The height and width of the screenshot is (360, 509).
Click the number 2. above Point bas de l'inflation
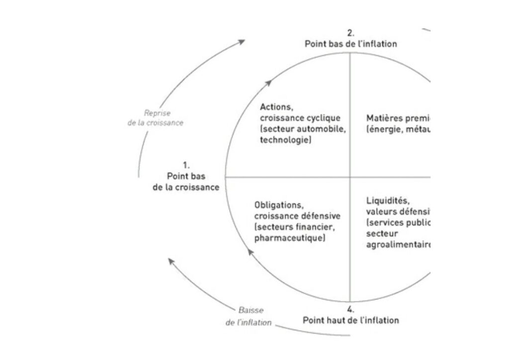tap(350, 33)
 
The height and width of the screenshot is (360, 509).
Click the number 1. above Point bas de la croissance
tap(186, 165)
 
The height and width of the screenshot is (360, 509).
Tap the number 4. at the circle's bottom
tap(351, 310)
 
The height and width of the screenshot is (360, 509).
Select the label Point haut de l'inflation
tap(351, 320)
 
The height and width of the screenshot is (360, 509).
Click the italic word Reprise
tap(157, 113)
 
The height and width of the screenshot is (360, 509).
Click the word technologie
tap(286, 141)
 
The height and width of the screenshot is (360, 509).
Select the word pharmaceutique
tap(290, 239)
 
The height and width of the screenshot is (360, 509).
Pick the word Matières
tap(383, 118)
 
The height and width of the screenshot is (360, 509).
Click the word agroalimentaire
tap(398, 245)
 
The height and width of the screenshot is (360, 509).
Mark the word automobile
tap(324, 129)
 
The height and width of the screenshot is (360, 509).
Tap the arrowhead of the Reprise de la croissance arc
tap(242, 41)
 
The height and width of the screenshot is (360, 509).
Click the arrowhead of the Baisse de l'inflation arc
tap(170, 261)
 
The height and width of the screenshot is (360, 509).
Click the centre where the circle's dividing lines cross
tap(351, 177)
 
